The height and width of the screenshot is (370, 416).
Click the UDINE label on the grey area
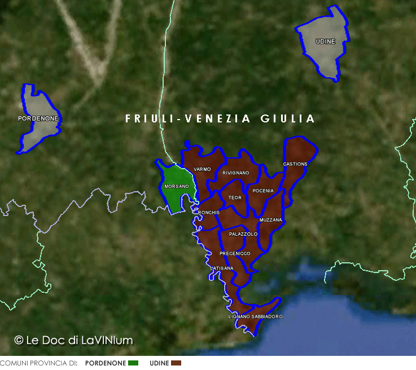pos(325,42)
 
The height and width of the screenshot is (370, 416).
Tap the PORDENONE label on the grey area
pos(38,118)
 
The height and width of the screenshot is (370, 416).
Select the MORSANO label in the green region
pos(176,186)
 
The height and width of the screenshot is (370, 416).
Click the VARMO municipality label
pos(202,169)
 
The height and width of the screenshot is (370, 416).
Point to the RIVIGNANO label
pos(236,173)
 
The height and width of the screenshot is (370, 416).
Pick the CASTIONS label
pos(295,164)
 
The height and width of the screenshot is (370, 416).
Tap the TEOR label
pos(235,198)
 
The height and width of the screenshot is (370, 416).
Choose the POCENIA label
pos(263,191)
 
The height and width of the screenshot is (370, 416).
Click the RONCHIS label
pos(209,212)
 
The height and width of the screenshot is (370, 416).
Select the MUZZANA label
pos(271,219)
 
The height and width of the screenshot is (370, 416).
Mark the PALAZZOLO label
pos(243,234)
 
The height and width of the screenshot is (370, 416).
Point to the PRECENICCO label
pos(235,253)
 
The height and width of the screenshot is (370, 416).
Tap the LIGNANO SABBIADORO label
pos(256,316)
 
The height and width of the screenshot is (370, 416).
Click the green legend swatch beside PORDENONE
pos(133,363)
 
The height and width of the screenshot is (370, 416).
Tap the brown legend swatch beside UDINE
pos(176,363)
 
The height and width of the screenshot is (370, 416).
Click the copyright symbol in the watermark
pos(19,340)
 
